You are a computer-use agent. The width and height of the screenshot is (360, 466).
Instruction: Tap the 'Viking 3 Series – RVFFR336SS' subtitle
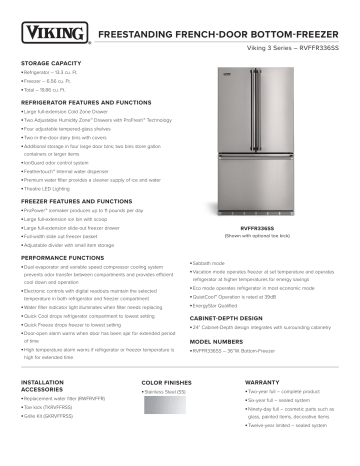click(294, 49)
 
